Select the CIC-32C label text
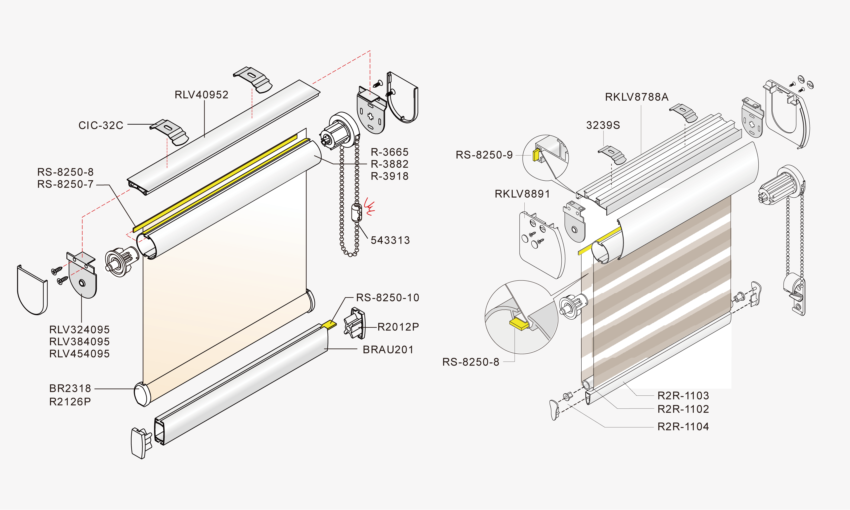point(101,125)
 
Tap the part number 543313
point(390,240)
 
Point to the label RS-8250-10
point(388,298)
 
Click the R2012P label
point(398,327)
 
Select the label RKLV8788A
point(637,97)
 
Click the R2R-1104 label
point(683,427)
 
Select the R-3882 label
point(390,164)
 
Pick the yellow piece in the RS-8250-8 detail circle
point(518,324)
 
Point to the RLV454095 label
point(79,354)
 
